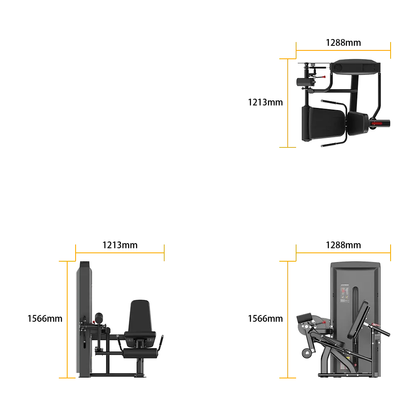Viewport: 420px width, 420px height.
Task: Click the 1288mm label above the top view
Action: [343, 42]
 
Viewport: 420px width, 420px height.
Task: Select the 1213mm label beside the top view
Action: [265, 102]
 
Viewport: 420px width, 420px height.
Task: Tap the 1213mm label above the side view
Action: [120, 245]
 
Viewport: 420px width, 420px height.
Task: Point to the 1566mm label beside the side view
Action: [45, 318]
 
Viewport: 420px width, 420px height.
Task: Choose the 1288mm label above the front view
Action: [343, 245]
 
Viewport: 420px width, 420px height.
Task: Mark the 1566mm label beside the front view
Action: [265, 318]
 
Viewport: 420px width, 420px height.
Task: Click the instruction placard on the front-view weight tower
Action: [345, 294]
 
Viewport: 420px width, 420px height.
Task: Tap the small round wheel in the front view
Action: [307, 353]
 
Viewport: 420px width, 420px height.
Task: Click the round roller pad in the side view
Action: [99, 317]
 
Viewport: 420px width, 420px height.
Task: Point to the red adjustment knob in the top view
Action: [323, 77]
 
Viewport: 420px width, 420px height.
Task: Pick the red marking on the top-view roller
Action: [377, 123]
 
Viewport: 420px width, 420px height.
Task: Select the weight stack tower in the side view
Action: [84, 319]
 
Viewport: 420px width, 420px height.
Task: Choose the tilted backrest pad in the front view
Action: [358, 320]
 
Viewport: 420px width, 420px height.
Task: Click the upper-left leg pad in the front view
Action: [304, 318]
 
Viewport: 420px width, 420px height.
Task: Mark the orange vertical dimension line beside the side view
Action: [67, 320]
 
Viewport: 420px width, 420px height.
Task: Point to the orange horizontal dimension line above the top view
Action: [343, 50]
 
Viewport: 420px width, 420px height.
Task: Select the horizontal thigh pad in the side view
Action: [140, 353]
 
